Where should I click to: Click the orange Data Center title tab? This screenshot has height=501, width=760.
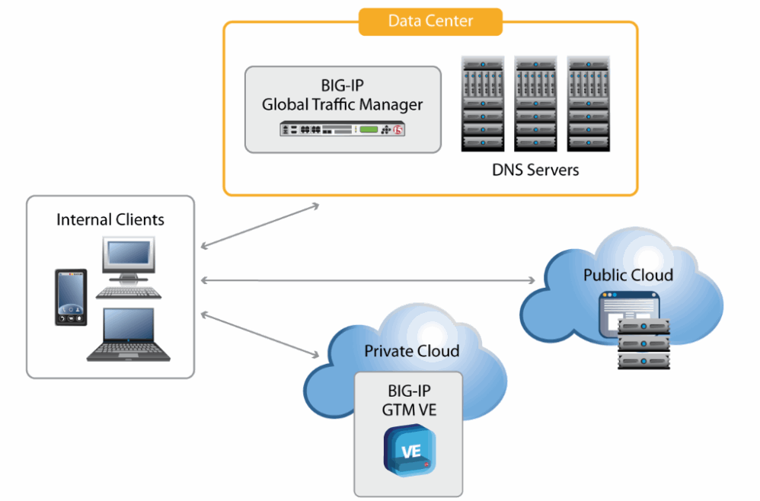[x=430, y=21]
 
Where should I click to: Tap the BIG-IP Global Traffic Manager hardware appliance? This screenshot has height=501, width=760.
[x=342, y=129]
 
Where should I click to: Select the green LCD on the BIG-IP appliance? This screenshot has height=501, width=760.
[x=369, y=129]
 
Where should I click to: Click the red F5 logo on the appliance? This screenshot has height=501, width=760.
[x=398, y=130]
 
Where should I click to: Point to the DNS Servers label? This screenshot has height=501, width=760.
[x=535, y=170]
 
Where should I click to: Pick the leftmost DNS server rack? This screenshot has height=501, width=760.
[x=483, y=104]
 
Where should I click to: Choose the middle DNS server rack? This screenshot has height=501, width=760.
[x=535, y=104]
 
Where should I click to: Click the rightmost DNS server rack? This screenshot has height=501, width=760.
[x=589, y=104]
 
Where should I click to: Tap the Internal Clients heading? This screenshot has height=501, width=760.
[x=110, y=219]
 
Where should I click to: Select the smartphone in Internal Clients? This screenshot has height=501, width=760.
[x=71, y=297]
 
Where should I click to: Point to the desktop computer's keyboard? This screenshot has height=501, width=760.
[x=129, y=292]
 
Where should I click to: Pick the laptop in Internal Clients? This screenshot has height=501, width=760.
[x=129, y=335]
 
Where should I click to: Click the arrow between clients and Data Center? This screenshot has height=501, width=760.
[x=260, y=226]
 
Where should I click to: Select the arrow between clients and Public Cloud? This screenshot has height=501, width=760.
[x=368, y=280]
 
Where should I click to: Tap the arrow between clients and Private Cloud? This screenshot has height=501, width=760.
[x=260, y=335]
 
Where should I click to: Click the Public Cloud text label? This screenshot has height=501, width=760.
[x=628, y=275]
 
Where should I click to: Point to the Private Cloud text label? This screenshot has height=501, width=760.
[x=411, y=351]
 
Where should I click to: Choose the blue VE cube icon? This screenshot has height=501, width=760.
[x=410, y=450]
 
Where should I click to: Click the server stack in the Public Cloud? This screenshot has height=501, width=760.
[x=643, y=343]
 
